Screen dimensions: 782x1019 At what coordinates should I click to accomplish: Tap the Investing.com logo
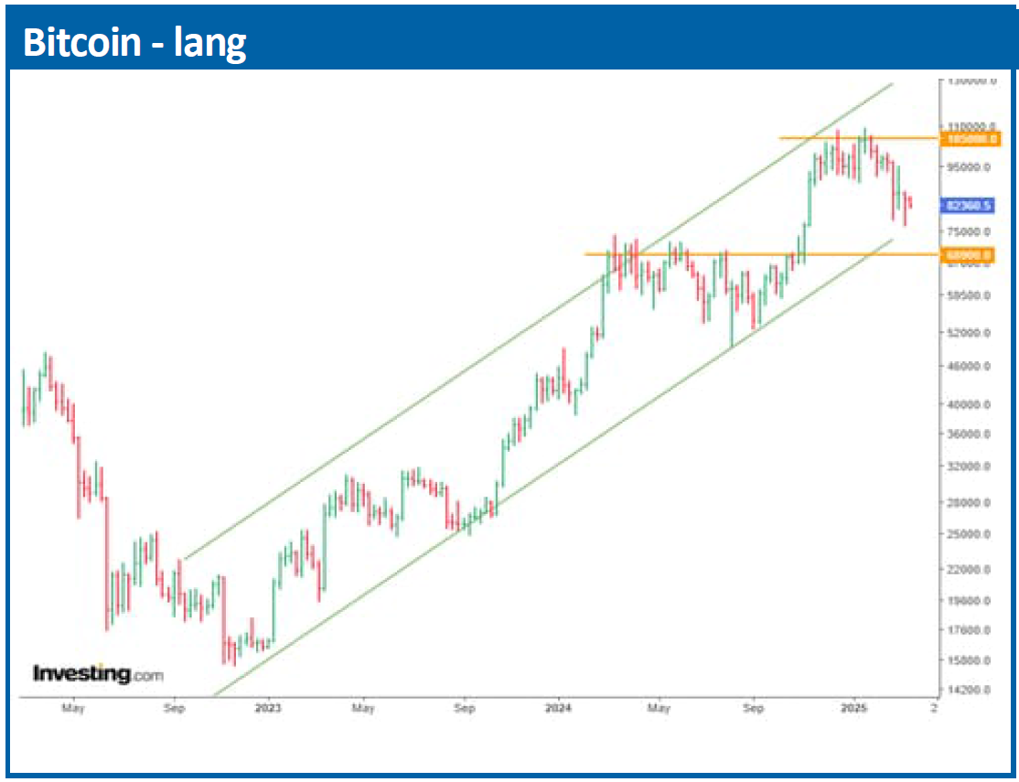98,674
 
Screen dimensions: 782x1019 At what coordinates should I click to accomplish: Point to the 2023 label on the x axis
268,708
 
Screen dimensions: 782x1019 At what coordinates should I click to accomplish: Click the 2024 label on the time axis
558,708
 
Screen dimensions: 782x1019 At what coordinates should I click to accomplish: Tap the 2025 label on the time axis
854,708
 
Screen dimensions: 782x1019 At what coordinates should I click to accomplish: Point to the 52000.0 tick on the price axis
970,333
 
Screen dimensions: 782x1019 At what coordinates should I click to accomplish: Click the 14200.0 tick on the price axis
970,690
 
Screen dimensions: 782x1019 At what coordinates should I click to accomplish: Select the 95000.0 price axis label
970,166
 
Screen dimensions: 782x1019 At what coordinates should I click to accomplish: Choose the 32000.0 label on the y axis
970,466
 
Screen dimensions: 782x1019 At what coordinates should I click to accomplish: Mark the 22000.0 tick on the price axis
970,569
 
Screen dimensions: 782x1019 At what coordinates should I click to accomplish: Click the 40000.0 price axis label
970,404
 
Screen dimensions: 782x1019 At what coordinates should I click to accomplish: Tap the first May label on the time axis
73,708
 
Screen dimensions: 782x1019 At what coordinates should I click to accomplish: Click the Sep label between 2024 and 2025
753,708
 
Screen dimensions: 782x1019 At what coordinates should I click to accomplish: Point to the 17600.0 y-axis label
970,629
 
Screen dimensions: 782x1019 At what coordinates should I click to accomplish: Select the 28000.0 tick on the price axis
970,502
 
